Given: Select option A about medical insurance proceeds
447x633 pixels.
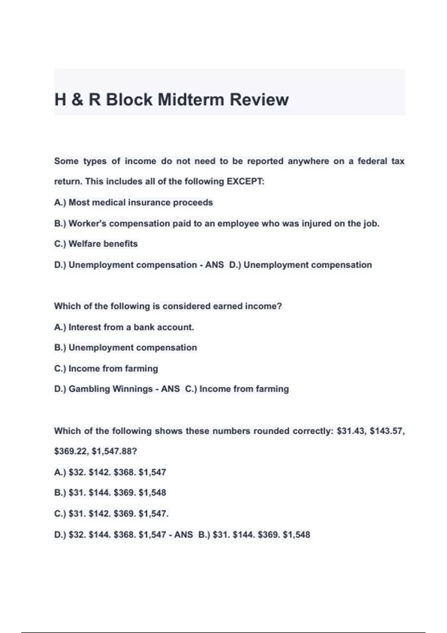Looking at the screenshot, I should (x=133, y=203).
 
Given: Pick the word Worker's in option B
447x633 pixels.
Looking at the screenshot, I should (x=88, y=223).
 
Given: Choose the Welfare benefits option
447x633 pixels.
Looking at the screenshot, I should (x=96, y=244).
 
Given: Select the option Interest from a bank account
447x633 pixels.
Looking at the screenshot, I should (x=124, y=327).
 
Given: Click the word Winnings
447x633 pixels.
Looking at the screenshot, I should (x=133, y=389).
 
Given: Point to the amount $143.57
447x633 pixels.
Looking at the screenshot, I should (x=387, y=431).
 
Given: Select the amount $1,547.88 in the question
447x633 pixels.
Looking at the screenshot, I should (x=114, y=452).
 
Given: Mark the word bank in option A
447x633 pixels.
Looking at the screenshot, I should (x=144, y=327).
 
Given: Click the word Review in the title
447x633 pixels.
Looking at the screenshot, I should (x=259, y=100).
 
